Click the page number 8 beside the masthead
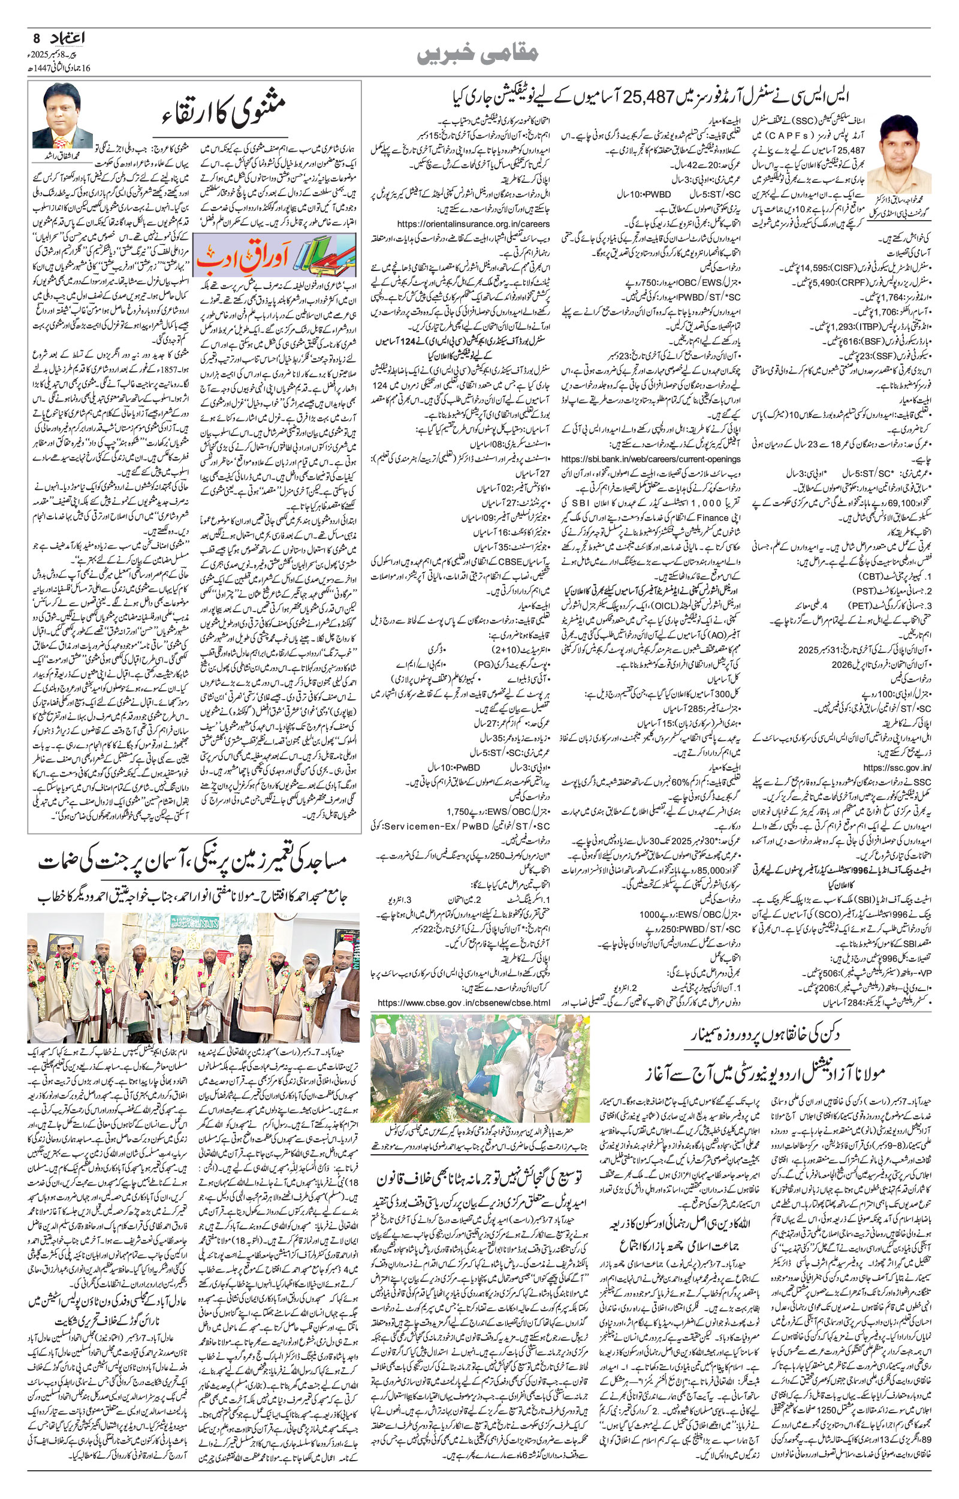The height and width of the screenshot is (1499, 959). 35,38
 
